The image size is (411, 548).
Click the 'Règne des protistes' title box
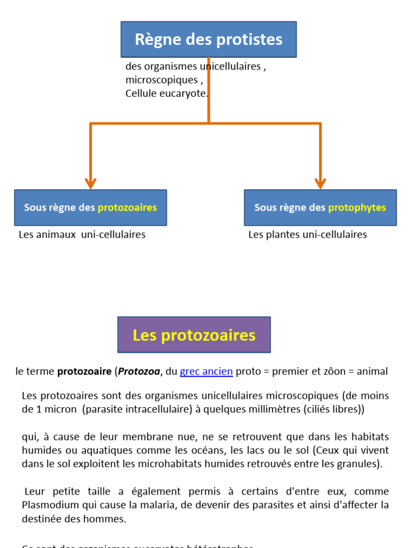click(208, 39)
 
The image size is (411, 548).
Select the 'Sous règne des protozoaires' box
click(90, 208)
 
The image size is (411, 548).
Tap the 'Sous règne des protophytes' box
click(320, 208)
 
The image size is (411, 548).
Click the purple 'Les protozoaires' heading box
click(194, 335)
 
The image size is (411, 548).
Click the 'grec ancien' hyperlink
click(206, 371)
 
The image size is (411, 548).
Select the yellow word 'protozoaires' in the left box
click(127, 208)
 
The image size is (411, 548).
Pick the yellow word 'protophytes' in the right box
click(357, 208)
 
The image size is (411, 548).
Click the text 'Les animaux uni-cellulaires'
click(82, 234)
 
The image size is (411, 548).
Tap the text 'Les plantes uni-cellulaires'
click(308, 234)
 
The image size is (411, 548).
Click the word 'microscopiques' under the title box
click(162, 80)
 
